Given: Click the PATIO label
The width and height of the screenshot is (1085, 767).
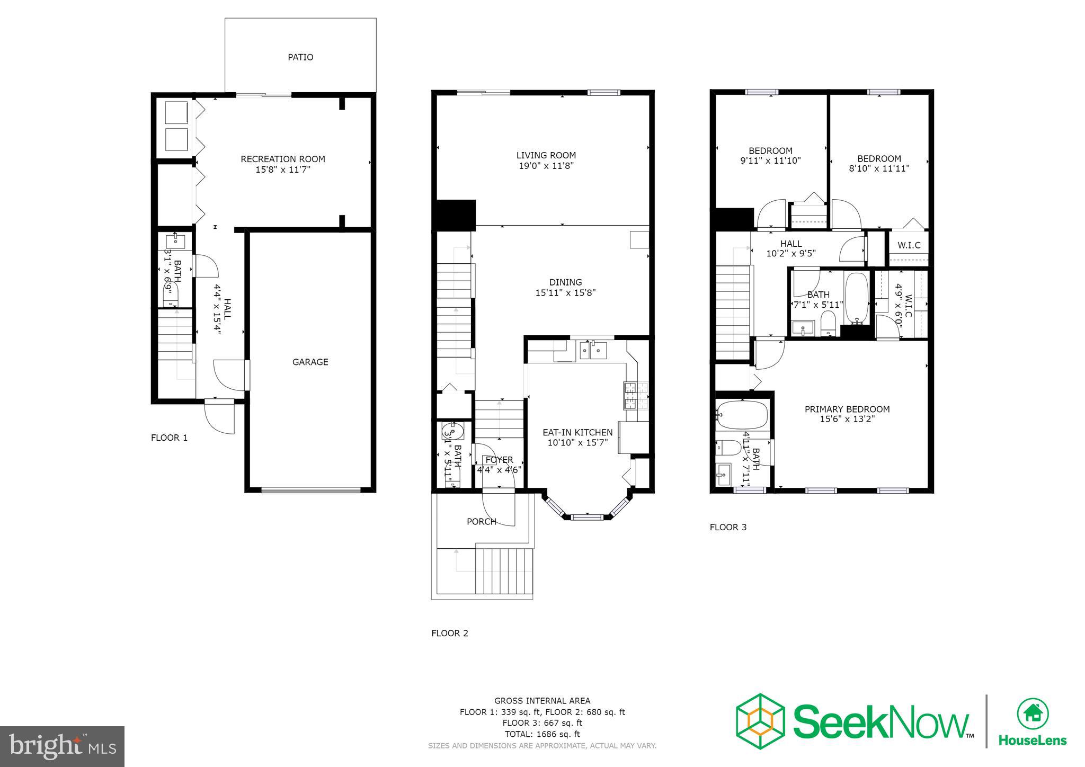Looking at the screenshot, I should coord(300,57).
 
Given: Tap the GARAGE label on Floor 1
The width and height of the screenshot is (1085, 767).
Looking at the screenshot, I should coord(310,362).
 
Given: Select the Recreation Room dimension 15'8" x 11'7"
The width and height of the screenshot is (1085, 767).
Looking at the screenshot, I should coord(283,170).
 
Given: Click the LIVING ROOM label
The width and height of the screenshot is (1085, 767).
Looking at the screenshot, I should coord(546,155).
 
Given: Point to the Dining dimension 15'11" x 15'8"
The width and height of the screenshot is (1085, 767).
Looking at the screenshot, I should coord(565,292).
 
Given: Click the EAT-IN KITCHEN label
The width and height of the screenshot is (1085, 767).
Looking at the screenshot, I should coord(577,432).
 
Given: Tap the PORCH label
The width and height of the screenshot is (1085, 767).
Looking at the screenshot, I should coord(481,522).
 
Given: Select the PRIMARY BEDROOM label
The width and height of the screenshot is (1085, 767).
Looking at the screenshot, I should coord(847,409).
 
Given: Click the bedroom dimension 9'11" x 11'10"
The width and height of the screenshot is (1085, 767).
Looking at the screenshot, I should coord(770,160).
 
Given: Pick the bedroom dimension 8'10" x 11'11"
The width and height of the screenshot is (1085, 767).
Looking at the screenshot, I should coord(879,168).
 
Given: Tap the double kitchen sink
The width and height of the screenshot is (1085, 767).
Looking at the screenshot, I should coord(592,350).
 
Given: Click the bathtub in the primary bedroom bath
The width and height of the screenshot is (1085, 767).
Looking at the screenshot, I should coord(742,415).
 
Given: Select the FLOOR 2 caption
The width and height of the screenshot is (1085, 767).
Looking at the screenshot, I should coord(450,633).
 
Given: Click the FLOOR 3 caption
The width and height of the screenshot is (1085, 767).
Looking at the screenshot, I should coord(728,527).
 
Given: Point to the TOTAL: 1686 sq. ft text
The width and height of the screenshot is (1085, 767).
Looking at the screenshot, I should coord(542,734).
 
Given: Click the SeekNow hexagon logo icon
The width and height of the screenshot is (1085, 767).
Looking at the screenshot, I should coord(760,721).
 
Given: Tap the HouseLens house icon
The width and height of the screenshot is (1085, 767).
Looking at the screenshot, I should coord(1033,715).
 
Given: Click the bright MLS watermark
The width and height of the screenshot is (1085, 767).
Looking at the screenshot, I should coord(63,746).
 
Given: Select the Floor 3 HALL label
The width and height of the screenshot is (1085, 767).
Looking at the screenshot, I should coord(791,244).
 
